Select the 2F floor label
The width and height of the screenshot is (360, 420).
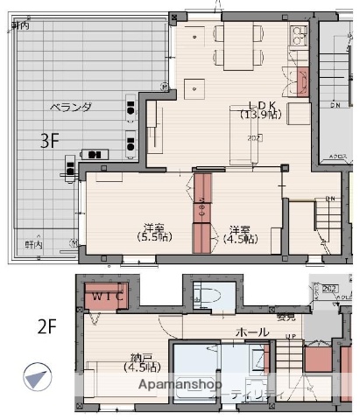point(46,327)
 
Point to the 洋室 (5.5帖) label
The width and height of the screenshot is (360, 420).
point(154,231)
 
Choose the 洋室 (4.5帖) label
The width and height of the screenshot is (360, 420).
point(239,232)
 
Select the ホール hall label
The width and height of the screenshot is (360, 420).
point(252,332)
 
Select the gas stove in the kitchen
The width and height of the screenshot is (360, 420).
point(299,37)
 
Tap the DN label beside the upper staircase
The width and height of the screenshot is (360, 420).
point(335,106)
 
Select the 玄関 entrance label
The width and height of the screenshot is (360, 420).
point(285,317)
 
